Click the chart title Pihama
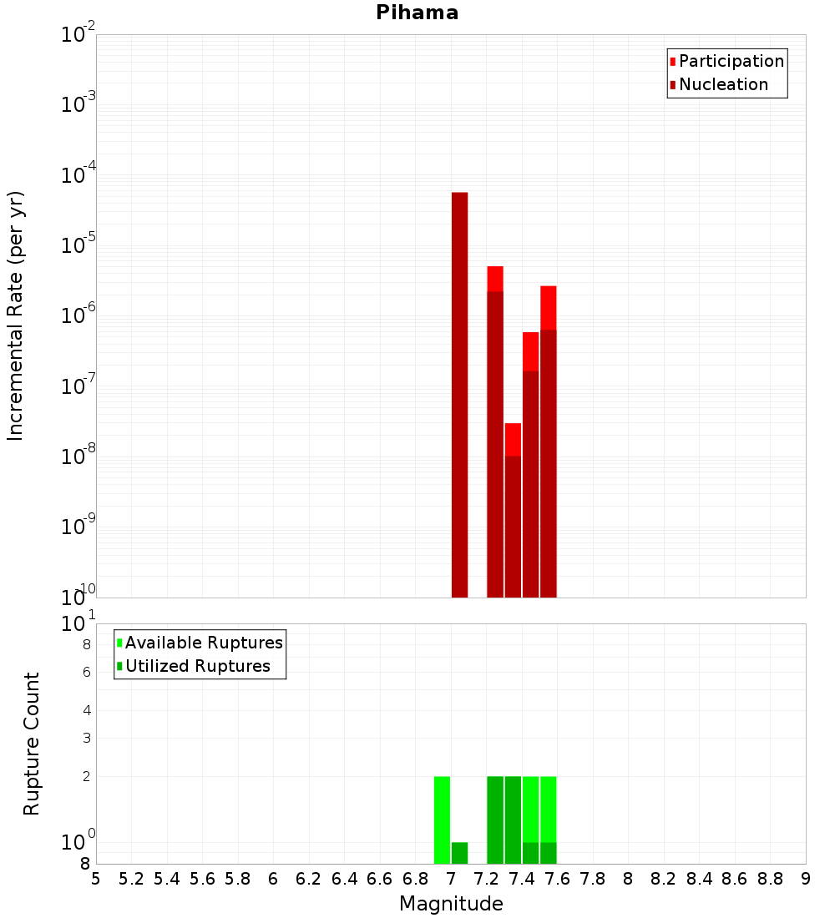coord(417,13)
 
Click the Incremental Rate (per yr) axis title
coord(16,316)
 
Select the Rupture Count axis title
coord(32,744)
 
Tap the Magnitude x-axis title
coord(451,904)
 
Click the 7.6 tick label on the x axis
coord(558,879)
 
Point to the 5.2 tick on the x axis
coord(131,879)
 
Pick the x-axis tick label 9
coord(806,879)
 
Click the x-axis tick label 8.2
coord(664,879)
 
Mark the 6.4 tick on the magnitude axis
coord(344,879)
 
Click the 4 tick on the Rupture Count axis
coord(85,710)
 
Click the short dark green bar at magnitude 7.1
coord(459,853)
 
